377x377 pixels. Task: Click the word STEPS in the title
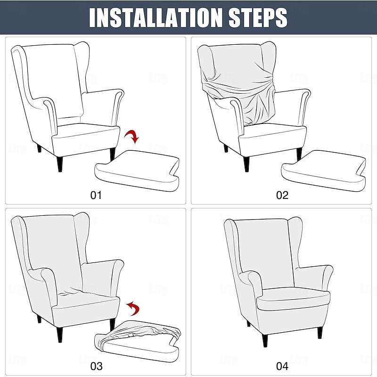(x=254, y=17)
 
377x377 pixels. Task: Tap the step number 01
(x=96, y=195)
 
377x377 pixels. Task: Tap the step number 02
(x=282, y=195)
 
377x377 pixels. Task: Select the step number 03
(x=96, y=366)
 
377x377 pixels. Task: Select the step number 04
(x=282, y=366)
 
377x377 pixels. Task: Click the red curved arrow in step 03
(x=134, y=309)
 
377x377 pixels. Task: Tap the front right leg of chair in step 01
(x=112, y=154)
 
